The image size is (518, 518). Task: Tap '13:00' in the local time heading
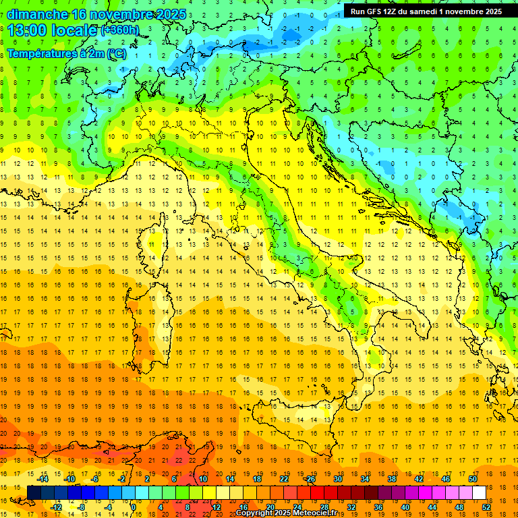tap(26, 30)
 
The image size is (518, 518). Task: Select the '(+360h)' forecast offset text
tap(120, 30)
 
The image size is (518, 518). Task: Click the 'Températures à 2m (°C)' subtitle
tap(66, 54)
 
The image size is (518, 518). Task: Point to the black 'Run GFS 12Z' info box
tap(426, 11)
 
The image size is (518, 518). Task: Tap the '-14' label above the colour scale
tap(42, 479)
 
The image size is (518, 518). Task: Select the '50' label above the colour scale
tap(472, 479)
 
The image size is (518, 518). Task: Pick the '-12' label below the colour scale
tap(57, 506)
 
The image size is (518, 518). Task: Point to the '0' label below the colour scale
tap(134, 506)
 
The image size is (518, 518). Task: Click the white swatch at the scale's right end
tap(479, 492)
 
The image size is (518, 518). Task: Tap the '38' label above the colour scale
tap(391, 479)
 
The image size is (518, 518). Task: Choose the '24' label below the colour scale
tap(297, 506)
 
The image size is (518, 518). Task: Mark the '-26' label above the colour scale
tap(310, 479)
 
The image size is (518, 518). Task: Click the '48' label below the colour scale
tap(459, 506)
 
